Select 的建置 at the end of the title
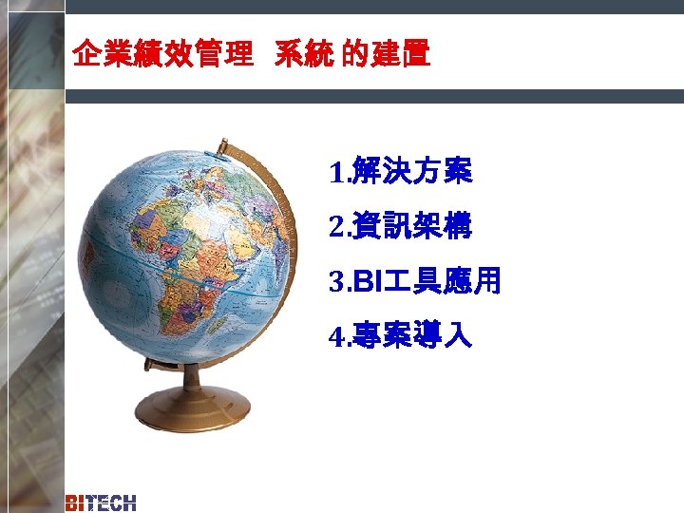(x=385, y=56)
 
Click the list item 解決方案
(x=411, y=174)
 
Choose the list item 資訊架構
(x=411, y=228)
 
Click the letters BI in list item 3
(x=365, y=282)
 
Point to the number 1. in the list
(x=338, y=175)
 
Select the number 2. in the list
(x=338, y=229)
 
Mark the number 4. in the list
(x=338, y=336)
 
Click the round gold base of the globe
(x=193, y=408)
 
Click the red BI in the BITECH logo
(x=77, y=503)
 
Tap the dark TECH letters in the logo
(x=113, y=503)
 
